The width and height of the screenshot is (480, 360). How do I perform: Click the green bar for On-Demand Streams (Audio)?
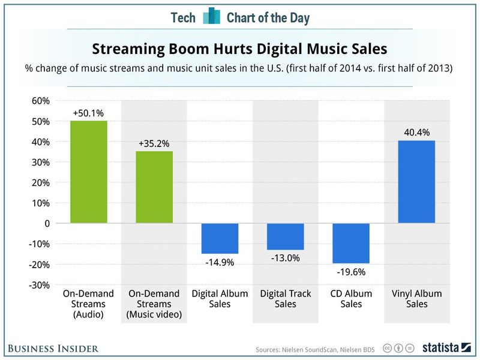89,172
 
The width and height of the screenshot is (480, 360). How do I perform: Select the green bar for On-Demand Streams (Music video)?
155,187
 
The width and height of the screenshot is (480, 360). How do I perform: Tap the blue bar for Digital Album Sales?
220,238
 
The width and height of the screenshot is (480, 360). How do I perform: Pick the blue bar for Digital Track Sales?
285,236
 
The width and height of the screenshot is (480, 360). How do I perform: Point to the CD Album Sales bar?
351,243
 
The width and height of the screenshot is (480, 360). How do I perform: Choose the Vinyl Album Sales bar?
416,182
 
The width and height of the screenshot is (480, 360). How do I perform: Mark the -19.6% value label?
351,272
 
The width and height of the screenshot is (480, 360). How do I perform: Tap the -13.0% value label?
285,258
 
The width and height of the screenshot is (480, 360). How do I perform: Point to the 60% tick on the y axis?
40,101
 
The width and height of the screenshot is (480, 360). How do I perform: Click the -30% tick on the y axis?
39,285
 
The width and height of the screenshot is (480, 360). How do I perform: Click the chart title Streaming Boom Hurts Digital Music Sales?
239,48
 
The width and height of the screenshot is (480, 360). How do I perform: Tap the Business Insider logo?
53,348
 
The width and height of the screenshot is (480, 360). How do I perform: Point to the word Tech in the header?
183,17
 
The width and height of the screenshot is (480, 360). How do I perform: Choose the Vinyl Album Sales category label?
416,299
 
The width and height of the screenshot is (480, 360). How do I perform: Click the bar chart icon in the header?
211,16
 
